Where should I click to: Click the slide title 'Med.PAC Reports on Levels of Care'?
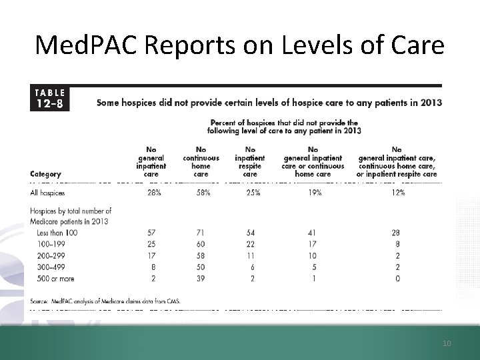click(239, 45)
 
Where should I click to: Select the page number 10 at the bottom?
click(447, 343)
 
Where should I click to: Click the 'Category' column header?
click(45, 175)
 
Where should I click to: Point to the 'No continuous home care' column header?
click(201, 162)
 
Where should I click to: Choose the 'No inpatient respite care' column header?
click(250, 162)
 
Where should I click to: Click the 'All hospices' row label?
click(49, 193)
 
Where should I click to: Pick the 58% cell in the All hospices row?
click(201, 193)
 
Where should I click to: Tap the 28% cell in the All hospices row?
click(153, 193)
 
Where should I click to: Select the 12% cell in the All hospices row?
click(397, 193)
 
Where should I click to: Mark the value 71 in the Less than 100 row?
click(201, 232)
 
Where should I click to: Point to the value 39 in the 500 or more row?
click(201, 279)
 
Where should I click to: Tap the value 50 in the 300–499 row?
click(201, 267)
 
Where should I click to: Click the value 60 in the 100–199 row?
click(201, 243)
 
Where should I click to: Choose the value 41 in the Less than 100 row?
click(313, 232)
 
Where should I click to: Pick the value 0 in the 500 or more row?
click(398, 279)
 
